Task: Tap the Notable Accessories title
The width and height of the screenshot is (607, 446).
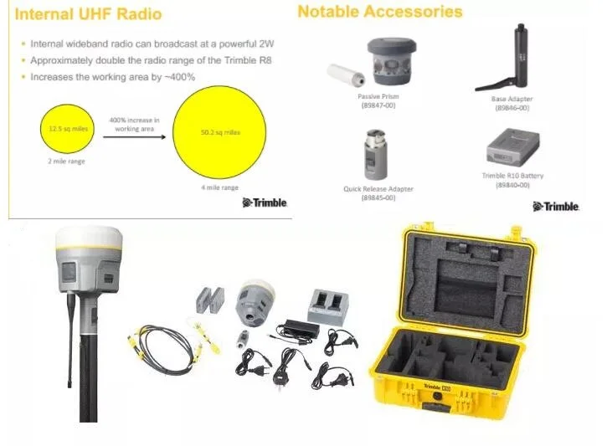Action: point(379,12)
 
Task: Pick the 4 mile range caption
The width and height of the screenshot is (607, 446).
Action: point(219,187)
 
